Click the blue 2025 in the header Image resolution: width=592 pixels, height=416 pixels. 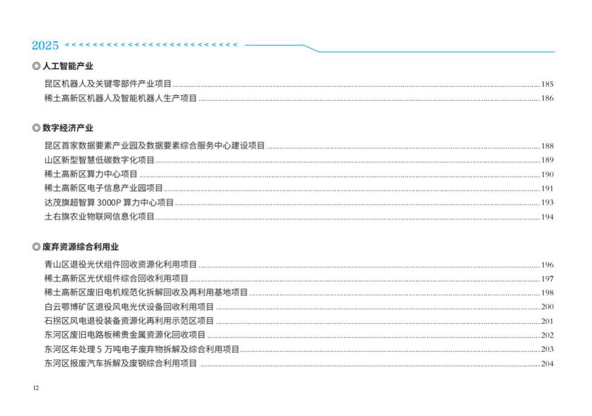coord(45,45)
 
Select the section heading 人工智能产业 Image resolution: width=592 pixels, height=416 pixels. coord(68,66)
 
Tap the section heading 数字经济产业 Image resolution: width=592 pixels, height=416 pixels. coord(68,128)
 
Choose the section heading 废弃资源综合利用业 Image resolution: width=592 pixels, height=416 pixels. coord(81,247)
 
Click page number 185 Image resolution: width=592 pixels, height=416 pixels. coord(547,84)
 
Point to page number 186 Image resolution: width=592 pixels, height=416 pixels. coord(547,98)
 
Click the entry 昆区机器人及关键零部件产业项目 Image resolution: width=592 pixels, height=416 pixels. coord(108,84)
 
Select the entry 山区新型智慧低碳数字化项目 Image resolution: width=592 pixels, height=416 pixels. coord(99,160)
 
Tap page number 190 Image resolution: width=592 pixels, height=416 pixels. coord(547,174)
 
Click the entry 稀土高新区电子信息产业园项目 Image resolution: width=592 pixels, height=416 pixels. coord(104,188)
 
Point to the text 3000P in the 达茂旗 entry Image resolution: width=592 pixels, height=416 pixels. coord(109,202)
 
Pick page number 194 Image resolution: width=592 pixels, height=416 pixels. coord(547,217)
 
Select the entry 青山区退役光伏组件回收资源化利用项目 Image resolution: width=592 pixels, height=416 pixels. coord(121,265)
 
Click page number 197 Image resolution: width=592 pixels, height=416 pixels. coord(547,279)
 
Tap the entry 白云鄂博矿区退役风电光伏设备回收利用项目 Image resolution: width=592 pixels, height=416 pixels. coord(129,306)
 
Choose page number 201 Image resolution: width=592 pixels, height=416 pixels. coord(547,321)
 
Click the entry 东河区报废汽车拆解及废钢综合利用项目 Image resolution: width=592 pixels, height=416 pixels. coord(121,363)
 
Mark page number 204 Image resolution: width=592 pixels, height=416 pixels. coord(547,363)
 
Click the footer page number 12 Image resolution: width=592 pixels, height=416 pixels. coord(36,388)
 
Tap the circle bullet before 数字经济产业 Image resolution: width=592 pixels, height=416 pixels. coord(36,128)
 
